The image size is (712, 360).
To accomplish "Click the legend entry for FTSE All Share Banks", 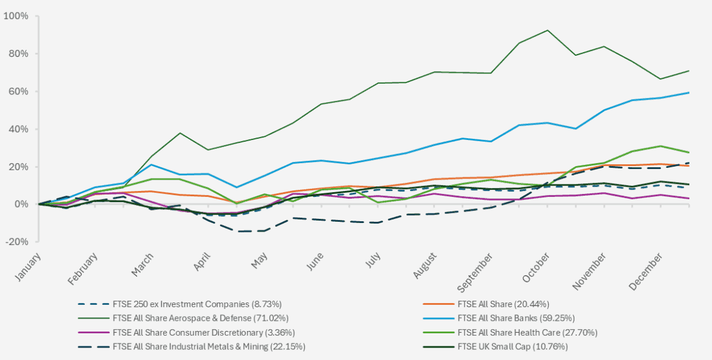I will click(x=516, y=317).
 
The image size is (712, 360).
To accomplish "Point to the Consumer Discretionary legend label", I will click(x=203, y=332).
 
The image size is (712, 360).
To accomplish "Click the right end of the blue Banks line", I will click(x=689, y=93).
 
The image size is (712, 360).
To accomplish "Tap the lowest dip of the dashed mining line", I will click(x=241, y=231).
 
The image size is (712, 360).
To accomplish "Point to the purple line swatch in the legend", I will click(x=92, y=332).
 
